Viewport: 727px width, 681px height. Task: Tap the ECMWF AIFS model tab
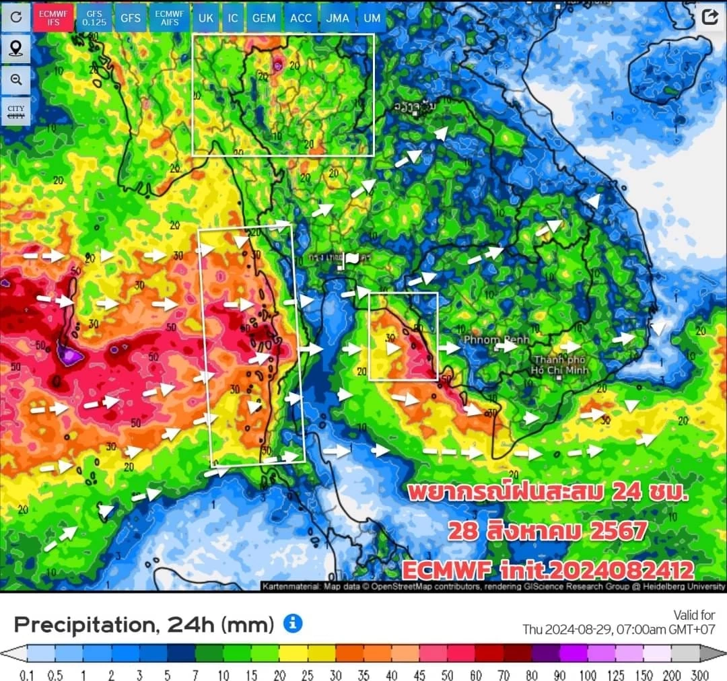pyautogui.click(x=169, y=18)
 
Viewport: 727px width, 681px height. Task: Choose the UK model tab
pyautogui.click(x=205, y=18)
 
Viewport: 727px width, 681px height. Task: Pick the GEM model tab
pyautogui.click(x=264, y=18)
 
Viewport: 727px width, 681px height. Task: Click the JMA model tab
pyautogui.click(x=337, y=18)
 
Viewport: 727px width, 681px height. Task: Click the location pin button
pyautogui.click(x=16, y=48)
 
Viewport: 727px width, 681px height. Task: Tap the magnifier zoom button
pyautogui.click(x=16, y=79)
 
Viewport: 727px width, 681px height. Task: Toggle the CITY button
pyautogui.click(x=16, y=111)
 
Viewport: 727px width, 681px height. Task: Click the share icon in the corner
pyautogui.click(x=709, y=17)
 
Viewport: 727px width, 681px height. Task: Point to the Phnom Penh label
pyautogui.click(x=496, y=340)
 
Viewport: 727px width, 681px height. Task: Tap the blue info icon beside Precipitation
pyautogui.click(x=292, y=624)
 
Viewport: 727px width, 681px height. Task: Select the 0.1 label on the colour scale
pyautogui.click(x=27, y=675)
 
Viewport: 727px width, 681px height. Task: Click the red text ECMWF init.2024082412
pyautogui.click(x=548, y=571)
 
